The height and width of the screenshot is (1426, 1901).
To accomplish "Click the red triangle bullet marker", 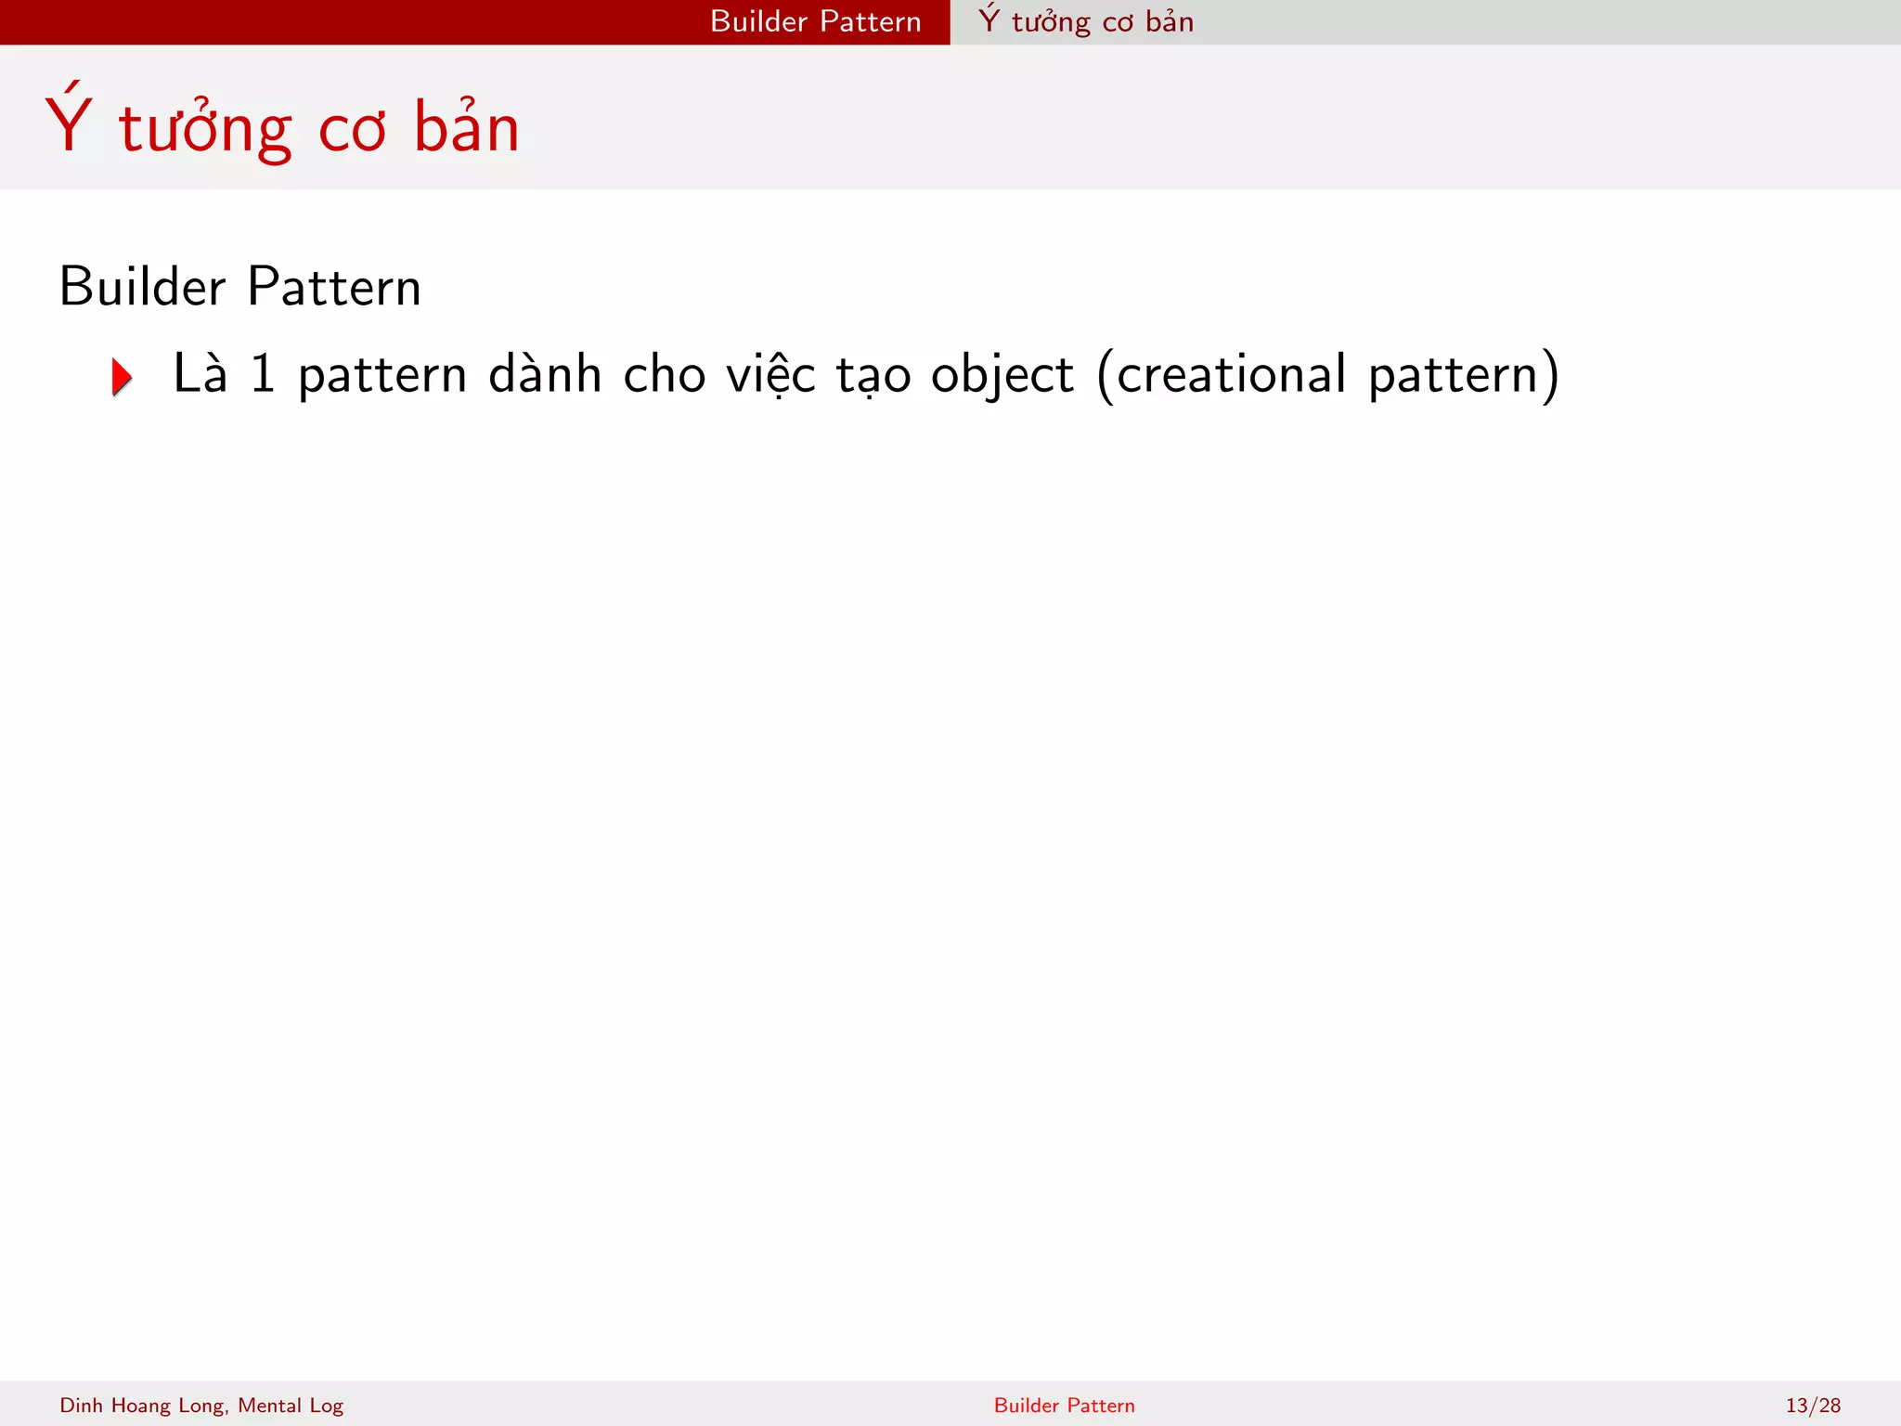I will (x=122, y=377).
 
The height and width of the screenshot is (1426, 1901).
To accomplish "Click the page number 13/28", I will (x=1812, y=1406).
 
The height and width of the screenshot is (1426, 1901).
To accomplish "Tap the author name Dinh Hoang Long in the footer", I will (x=142, y=1406).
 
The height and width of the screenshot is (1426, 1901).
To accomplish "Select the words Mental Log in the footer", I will (x=291, y=1406).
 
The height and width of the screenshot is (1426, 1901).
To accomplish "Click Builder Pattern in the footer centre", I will (x=1064, y=1406).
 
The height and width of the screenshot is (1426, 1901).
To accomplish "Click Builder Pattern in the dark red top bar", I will (x=815, y=21).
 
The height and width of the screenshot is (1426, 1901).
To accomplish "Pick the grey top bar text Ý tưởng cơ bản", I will (x=1086, y=21).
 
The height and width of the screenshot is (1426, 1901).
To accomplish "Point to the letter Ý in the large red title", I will (x=69, y=123).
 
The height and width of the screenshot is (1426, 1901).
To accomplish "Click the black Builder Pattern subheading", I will (x=239, y=286).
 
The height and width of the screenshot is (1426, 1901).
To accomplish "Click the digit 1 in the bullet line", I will (x=264, y=374).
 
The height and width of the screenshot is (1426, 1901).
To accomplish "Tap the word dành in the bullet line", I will (x=545, y=374).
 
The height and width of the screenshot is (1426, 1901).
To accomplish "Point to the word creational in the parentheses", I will (x=1231, y=374).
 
